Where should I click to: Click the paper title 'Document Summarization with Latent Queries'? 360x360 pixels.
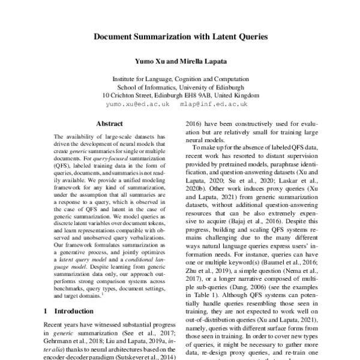coord(180,37)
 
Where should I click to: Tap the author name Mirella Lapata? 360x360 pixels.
coord(199,61)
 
